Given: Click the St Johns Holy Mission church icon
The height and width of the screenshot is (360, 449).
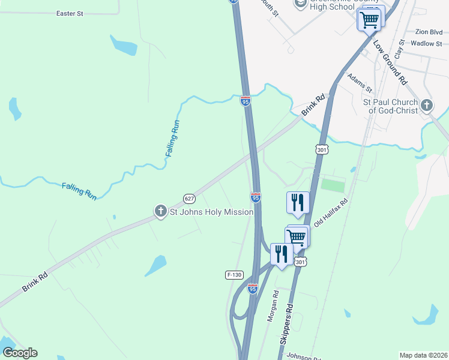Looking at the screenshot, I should pos(160,211).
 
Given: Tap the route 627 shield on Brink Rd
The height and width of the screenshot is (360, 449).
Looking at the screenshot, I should pos(190,199).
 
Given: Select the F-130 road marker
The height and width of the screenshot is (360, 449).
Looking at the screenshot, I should pos(234,275).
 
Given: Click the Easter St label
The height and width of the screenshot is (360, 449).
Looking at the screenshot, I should pos(69,13).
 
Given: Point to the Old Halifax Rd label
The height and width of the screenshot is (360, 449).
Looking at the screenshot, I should pos(331,213).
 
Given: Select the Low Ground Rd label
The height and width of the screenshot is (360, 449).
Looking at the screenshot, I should pos(390,62).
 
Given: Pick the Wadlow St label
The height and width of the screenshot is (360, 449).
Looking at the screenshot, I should pos(427,43).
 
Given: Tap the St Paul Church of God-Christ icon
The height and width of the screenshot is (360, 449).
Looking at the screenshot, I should pos(426,106).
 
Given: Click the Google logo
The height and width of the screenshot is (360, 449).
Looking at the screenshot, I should pos(20,353).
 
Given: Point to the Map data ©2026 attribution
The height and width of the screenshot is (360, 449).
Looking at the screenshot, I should pos(423,355).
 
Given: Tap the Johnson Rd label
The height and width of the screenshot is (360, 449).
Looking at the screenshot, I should pos(303,356).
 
